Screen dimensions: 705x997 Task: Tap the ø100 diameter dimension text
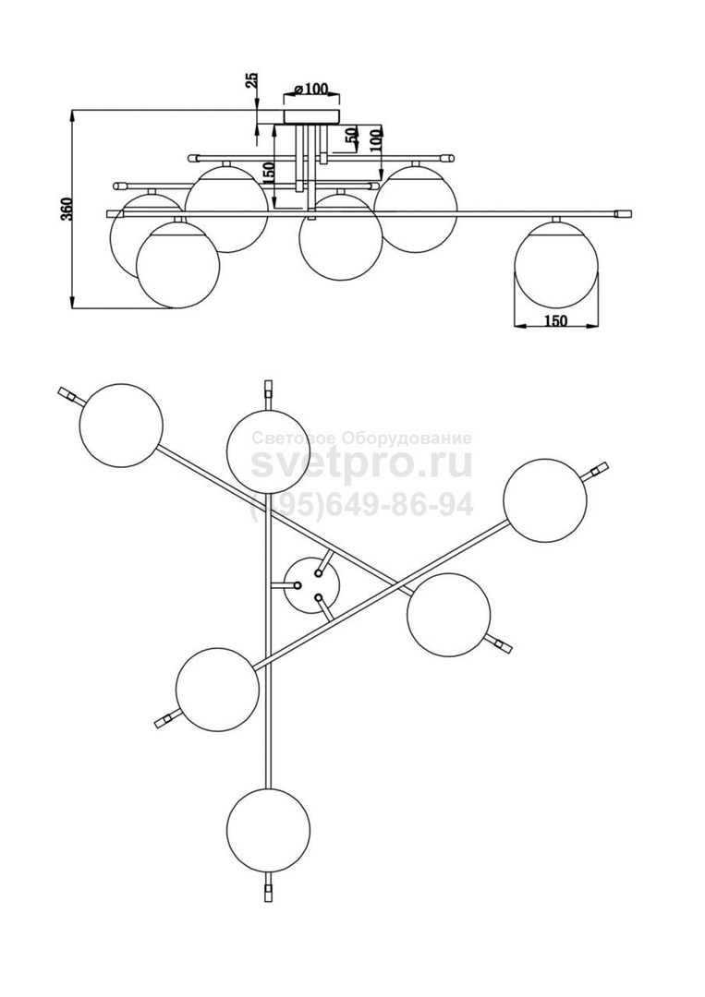(x=311, y=88)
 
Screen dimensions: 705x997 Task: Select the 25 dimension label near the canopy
(x=252, y=79)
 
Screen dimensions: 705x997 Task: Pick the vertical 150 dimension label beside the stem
(x=269, y=173)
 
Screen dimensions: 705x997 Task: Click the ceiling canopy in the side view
(x=311, y=116)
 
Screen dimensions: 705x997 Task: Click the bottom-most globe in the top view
(x=269, y=828)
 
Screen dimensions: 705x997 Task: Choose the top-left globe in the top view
(x=122, y=425)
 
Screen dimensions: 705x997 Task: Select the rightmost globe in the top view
(x=544, y=500)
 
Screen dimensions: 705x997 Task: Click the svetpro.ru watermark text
(x=361, y=464)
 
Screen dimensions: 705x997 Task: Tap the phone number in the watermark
(x=361, y=506)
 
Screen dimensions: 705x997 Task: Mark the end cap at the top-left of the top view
(x=66, y=394)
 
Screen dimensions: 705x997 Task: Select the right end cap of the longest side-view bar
(x=623, y=212)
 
